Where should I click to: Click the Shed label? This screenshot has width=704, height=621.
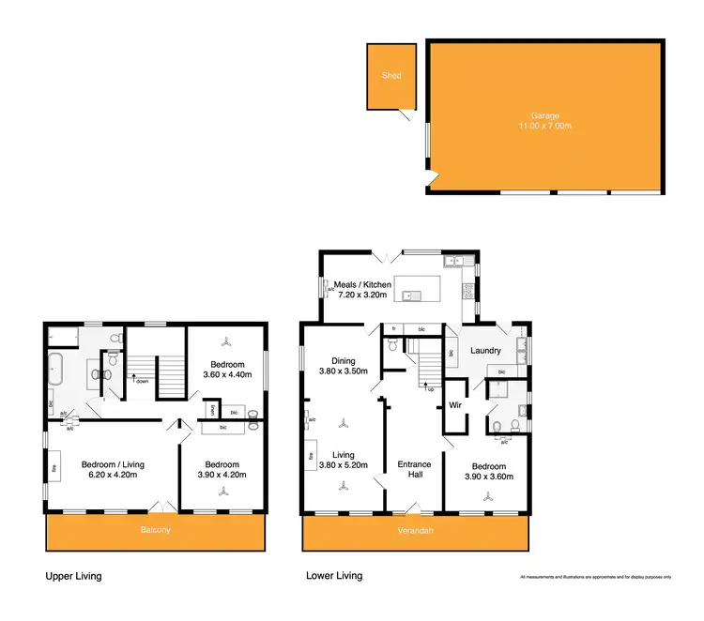pyautogui.click(x=390, y=75)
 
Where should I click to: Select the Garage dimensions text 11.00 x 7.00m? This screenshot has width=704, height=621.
pyautogui.click(x=544, y=126)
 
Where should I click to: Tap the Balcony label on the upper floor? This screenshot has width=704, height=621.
pyautogui.click(x=157, y=530)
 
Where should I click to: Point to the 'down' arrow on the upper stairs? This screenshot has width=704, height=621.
pyautogui.click(x=141, y=380)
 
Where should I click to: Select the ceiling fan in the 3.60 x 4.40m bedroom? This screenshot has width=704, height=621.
pyautogui.click(x=225, y=342)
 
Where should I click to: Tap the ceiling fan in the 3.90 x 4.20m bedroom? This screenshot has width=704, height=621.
pyautogui.click(x=222, y=488)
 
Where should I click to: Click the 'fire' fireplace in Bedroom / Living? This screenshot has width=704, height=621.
pyautogui.click(x=55, y=466)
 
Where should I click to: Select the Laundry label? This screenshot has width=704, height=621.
pyautogui.click(x=485, y=351)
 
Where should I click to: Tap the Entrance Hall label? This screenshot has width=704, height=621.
pyautogui.click(x=413, y=469)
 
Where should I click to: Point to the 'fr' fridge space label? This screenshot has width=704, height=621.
pyautogui.click(x=393, y=329)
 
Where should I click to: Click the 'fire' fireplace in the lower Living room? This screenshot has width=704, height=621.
pyautogui.click(x=310, y=457)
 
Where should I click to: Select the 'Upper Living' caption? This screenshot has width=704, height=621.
pyautogui.click(x=73, y=575)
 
